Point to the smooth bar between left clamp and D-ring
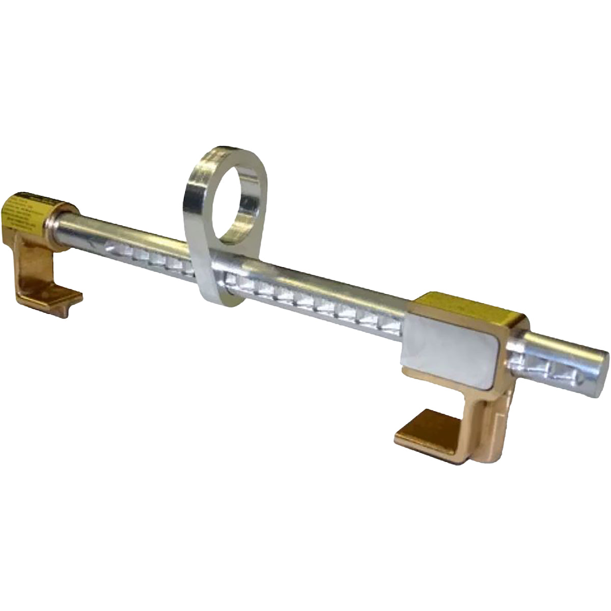(x=127, y=234)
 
